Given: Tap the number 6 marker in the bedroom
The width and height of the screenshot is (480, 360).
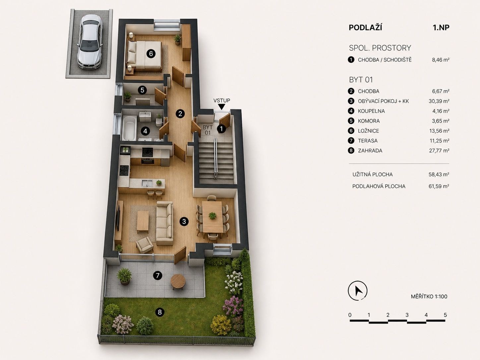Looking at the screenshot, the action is coord(151,53).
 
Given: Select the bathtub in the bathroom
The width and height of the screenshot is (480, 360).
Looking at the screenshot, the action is coord(129,128).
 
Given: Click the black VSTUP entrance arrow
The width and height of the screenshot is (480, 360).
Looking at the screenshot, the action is coord(222,107).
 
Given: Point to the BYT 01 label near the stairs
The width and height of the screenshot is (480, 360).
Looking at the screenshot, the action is coord(208,130).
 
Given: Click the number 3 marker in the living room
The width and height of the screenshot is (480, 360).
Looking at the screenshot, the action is coord(184,221).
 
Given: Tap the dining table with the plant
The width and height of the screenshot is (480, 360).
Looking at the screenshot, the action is coord(212,217).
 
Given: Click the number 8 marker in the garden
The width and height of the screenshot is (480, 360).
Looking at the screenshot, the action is coord(160,312).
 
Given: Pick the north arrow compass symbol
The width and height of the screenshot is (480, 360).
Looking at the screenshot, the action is coord(358,290).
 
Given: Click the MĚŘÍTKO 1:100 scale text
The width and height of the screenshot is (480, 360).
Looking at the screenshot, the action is coord(429,297).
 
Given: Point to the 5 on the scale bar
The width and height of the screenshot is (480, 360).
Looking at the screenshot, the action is coord(445,315).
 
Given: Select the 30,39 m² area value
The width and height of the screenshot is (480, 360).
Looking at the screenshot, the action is coord(439,101).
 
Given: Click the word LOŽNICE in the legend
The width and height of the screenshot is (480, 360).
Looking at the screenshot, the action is coord(369,131).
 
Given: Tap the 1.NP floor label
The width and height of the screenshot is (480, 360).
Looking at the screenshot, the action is coord(441,28).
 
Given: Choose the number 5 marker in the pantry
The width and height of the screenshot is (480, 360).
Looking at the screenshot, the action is coord(142,90).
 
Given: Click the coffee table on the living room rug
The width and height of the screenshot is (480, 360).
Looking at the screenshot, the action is coord(143,222).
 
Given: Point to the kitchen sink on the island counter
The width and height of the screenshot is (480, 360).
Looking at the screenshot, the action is coord(147,183).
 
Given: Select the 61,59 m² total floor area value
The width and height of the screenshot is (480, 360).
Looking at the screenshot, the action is coord(439,186).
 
